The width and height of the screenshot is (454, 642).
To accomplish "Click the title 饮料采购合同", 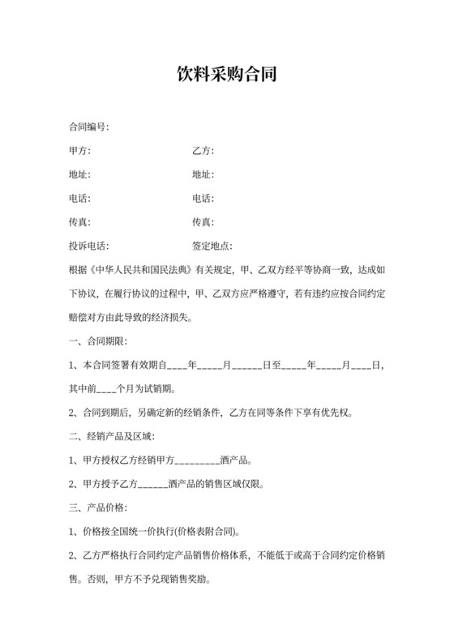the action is click(x=227, y=75).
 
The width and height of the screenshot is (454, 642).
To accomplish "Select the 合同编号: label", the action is click(x=89, y=127).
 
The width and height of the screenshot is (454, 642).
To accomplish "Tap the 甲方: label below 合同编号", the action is click(x=80, y=151).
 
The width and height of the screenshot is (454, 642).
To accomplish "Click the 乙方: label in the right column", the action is click(x=203, y=151).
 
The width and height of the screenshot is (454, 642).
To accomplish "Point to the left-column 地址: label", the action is click(x=80, y=174).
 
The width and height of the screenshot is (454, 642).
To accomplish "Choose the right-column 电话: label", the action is click(x=203, y=198).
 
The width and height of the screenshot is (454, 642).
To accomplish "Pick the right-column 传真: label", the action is click(x=203, y=221).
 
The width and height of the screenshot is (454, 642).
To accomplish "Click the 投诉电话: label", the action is click(x=89, y=245).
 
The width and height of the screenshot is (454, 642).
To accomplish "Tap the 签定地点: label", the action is click(x=212, y=245).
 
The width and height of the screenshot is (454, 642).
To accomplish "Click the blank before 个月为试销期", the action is click(x=108, y=387).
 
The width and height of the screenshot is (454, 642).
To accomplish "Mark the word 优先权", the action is click(x=357, y=411).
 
